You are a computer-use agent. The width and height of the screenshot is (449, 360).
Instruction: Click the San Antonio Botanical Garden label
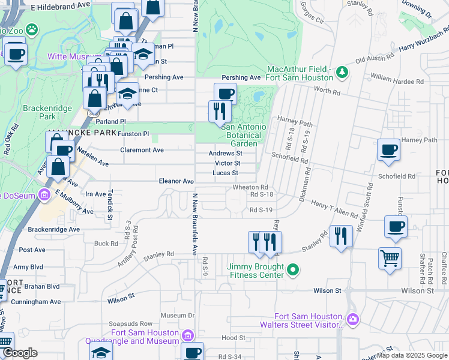244,135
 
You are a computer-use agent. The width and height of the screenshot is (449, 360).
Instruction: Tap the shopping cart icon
390,259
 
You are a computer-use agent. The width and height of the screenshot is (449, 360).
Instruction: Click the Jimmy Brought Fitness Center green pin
293,271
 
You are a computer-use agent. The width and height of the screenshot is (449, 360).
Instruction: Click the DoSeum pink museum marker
44,195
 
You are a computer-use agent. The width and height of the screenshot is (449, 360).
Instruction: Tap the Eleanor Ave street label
176,181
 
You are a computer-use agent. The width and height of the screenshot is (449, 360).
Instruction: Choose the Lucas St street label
226,173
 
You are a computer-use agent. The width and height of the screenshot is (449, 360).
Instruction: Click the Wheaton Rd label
250,187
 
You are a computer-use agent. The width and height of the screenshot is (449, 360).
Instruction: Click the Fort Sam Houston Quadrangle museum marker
187,335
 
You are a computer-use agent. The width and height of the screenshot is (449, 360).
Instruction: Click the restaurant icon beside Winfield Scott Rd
341,235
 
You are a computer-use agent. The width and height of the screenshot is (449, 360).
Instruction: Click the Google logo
20,353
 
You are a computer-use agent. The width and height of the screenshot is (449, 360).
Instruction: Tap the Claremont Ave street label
142,150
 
